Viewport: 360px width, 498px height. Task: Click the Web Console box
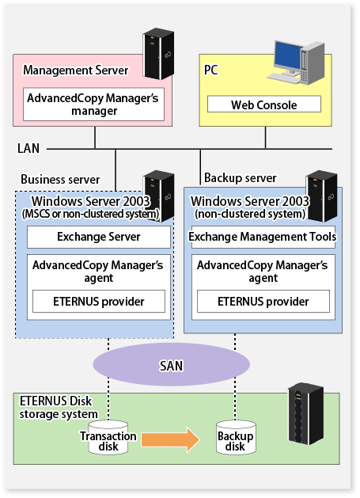(x=264, y=105)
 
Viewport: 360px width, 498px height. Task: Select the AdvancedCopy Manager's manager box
(x=93, y=105)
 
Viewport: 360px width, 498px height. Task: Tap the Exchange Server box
(x=99, y=237)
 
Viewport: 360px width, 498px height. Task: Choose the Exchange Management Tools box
(x=263, y=237)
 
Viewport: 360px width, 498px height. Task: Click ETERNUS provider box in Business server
(x=99, y=301)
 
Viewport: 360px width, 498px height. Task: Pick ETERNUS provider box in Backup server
(x=263, y=301)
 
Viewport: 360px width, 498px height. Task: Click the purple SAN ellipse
(x=172, y=365)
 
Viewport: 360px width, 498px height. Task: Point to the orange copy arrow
(x=171, y=440)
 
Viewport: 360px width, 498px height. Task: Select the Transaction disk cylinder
(x=108, y=438)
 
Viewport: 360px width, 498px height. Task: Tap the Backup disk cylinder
(x=236, y=438)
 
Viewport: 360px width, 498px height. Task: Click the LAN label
(x=28, y=148)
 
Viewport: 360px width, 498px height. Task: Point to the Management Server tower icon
(x=158, y=54)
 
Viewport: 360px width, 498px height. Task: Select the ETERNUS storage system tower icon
(x=305, y=414)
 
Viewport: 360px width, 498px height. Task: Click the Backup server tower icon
(x=321, y=196)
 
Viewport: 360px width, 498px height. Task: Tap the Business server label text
(x=60, y=180)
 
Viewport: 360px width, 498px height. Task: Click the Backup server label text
(x=241, y=178)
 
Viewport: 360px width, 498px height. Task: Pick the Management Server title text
(x=76, y=70)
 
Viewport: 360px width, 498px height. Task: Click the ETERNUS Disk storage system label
(x=59, y=408)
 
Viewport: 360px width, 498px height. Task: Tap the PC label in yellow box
(x=211, y=70)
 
